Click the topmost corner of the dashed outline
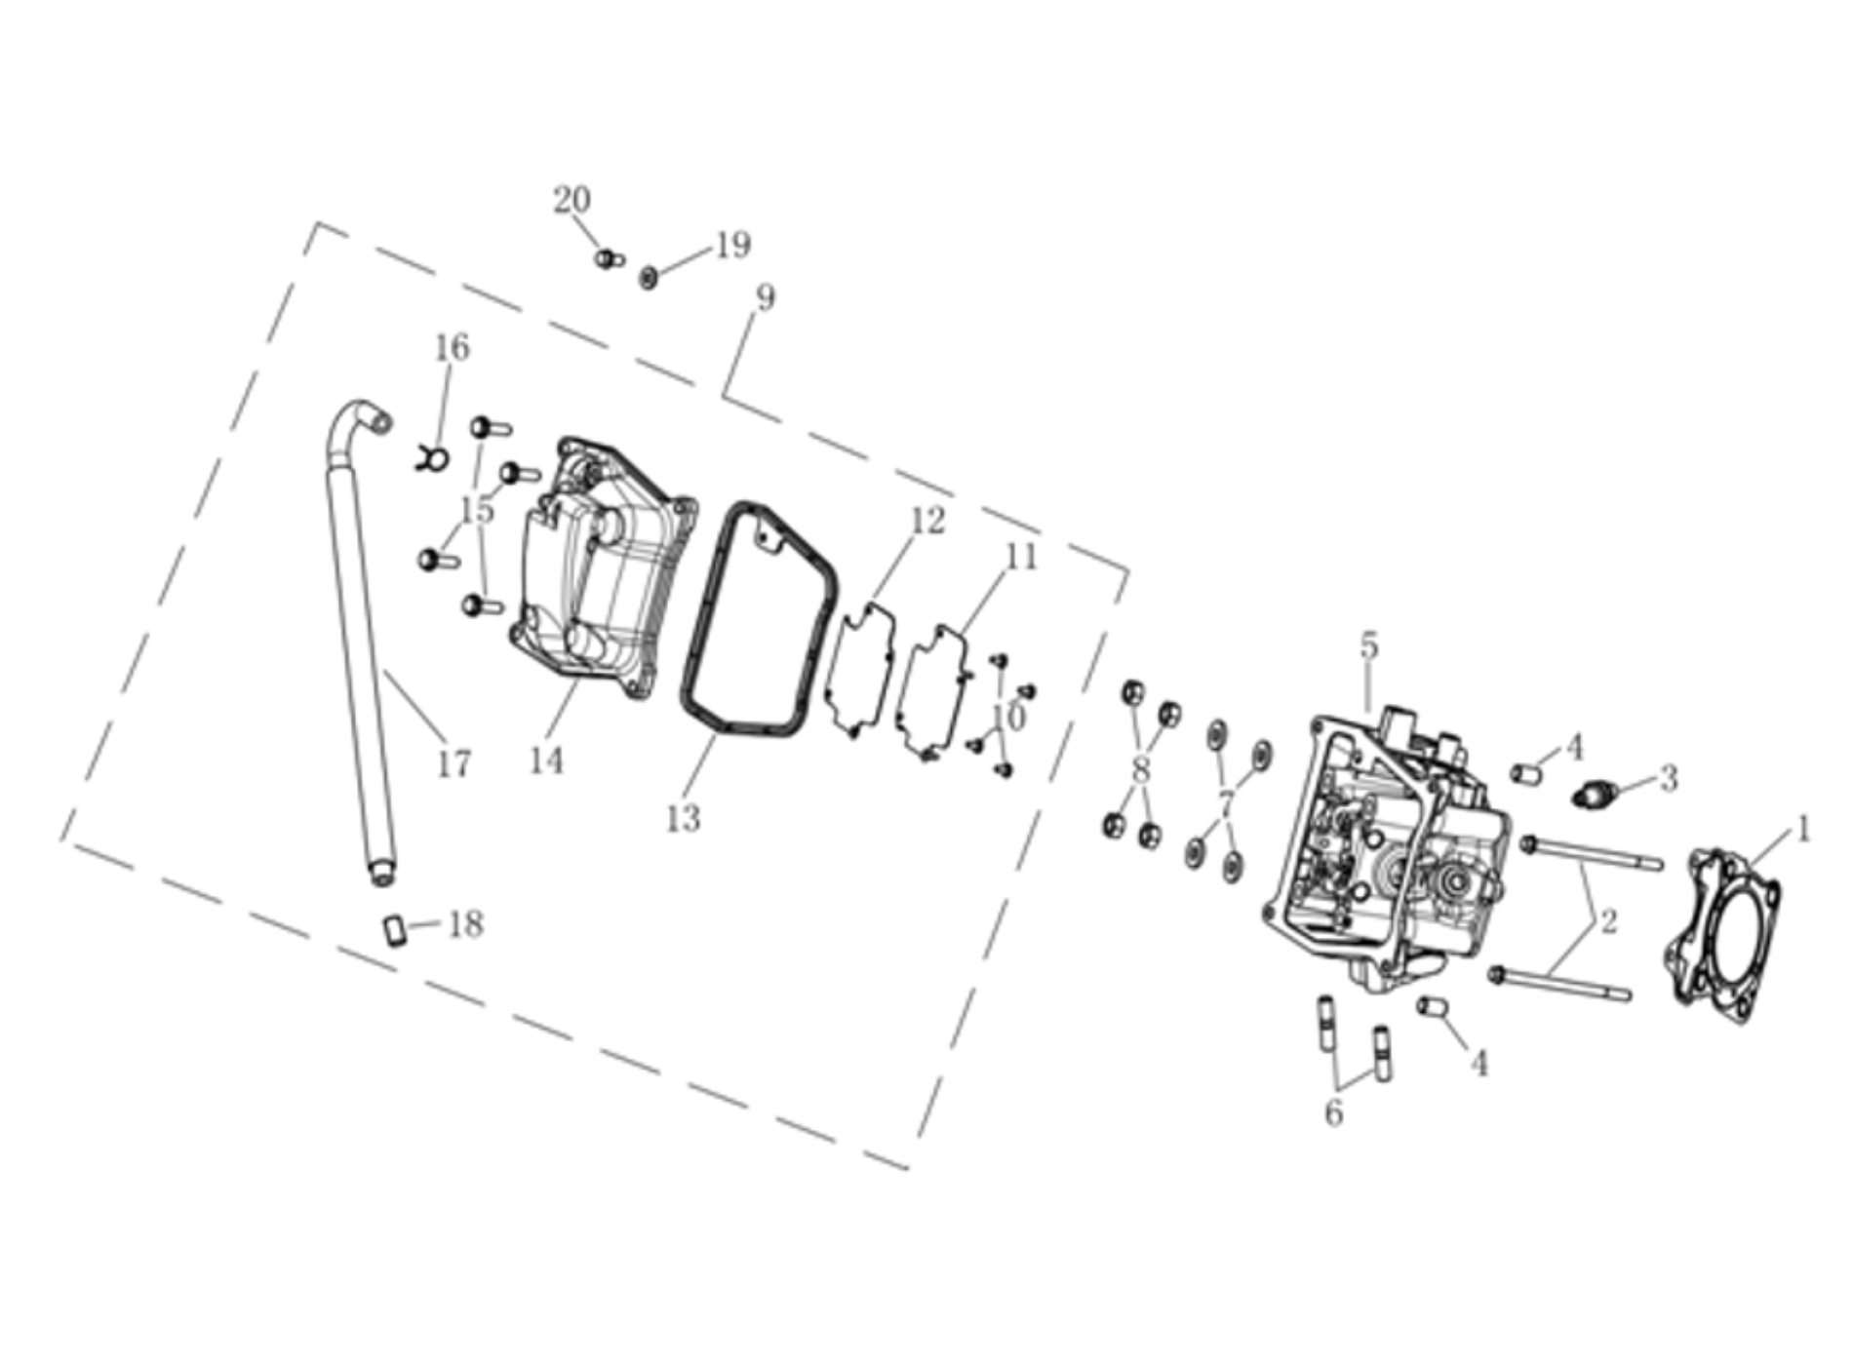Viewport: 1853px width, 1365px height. click(317, 223)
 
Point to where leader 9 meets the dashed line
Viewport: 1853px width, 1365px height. click(723, 396)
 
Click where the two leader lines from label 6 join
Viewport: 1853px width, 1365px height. click(1339, 1089)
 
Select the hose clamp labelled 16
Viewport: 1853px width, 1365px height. click(431, 456)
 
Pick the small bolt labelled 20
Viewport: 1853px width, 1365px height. click(609, 258)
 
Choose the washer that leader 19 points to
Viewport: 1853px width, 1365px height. click(649, 278)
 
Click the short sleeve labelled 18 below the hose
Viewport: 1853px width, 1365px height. click(395, 929)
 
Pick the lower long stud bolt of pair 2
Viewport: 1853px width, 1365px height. click(1560, 984)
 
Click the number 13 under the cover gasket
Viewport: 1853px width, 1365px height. click(683, 819)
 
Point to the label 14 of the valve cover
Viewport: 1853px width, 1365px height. click(546, 760)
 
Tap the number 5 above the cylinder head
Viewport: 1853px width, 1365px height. click(1369, 645)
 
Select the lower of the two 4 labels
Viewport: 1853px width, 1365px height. click(1479, 1063)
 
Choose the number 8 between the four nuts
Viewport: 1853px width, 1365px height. click(1140, 770)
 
